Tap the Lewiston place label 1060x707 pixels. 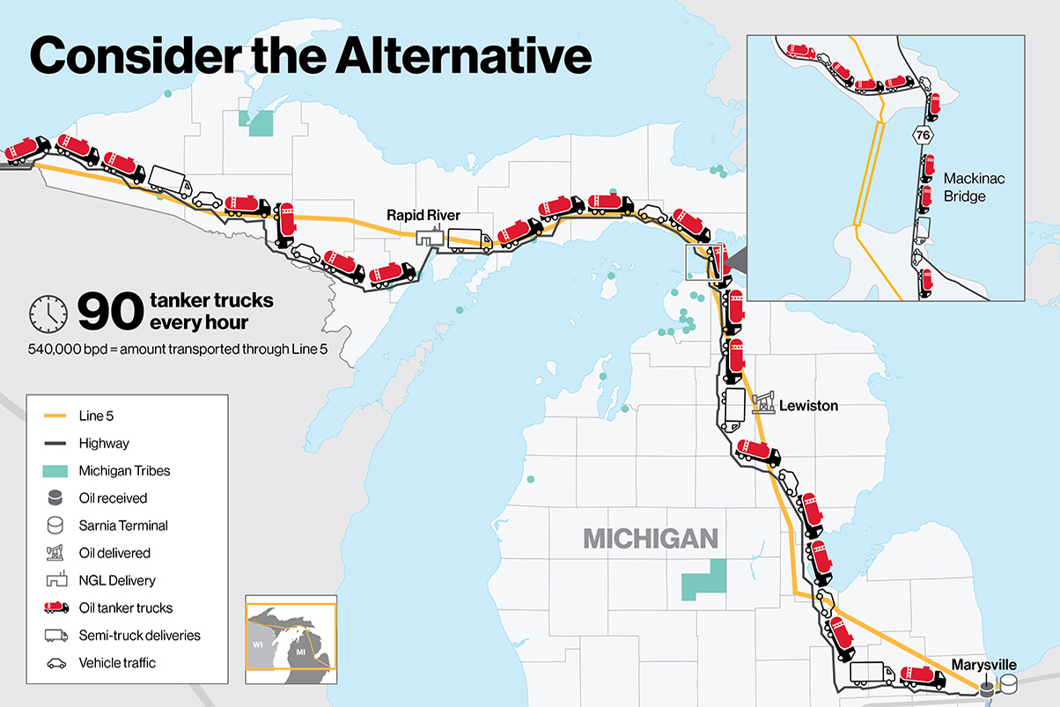[808, 406]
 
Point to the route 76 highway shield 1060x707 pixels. [922, 135]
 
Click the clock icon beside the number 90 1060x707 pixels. [48, 310]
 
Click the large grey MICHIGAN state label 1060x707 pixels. [651, 538]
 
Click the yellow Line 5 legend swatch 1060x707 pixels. [55, 416]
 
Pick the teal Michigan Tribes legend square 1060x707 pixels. [55, 471]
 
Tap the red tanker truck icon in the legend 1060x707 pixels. [55, 608]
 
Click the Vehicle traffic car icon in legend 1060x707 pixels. [55, 662]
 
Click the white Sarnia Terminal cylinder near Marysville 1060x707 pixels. [1007, 683]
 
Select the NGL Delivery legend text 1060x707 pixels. [117, 580]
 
